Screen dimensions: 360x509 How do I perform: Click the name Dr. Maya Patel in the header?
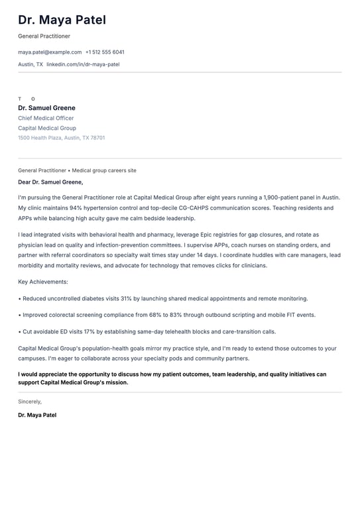click(x=62, y=21)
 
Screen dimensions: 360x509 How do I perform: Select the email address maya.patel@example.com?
click(x=50, y=52)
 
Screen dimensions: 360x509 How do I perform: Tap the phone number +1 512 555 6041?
click(x=105, y=52)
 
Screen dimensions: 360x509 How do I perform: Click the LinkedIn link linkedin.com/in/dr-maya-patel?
click(x=83, y=64)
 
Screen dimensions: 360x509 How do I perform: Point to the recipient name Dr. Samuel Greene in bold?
click(x=46, y=108)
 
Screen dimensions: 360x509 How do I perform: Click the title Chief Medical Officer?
click(x=46, y=118)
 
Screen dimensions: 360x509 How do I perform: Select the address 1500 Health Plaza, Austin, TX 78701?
click(x=61, y=138)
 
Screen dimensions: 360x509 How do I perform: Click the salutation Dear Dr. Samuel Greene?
click(x=50, y=182)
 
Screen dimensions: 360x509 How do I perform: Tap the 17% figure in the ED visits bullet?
click(x=90, y=331)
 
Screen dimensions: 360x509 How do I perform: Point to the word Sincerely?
click(x=30, y=401)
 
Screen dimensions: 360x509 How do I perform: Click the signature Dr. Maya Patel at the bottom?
click(x=37, y=415)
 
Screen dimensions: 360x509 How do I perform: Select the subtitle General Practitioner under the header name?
click(x=44, y=36)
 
